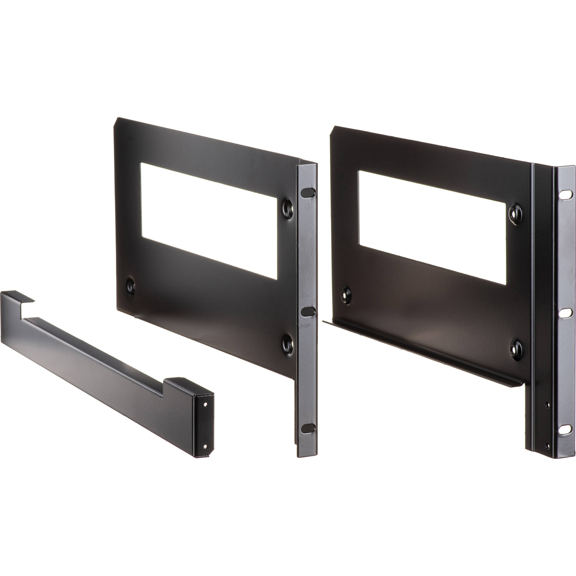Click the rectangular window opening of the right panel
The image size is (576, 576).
tap(432, 228)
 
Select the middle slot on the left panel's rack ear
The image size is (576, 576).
tap(308, 312)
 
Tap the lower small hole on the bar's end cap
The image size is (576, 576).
tap(205, 446)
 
